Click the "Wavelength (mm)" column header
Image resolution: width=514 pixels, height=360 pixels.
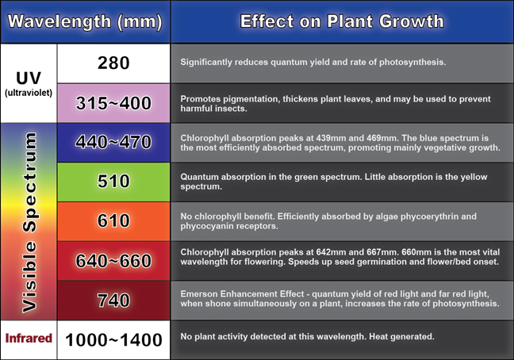(x=85, y=21)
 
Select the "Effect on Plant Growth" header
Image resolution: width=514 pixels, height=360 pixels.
(x=342, y=21)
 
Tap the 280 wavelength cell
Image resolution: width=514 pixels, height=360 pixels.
(x=113, y=63)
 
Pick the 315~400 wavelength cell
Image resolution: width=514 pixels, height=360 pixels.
(x=113, y=103)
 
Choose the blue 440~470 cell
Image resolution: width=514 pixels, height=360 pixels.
(x=113, y=143)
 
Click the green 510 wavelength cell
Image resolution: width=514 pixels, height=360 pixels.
(x=113, y=182)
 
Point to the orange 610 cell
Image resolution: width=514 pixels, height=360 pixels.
(x=113, y=221)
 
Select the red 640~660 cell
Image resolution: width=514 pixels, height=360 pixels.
(x=113, y=261)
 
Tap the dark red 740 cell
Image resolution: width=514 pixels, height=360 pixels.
(x=113, y=300)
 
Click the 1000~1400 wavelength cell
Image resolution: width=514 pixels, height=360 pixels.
(x=113, y=339)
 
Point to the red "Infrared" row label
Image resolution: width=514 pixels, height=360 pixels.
(x=29, y=338)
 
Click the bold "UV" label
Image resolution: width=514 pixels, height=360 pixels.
(x=29, y=78)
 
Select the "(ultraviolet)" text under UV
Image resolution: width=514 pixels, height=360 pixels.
(x=29, y=93)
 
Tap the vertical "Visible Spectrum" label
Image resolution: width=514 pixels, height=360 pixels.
(x=29, y=222)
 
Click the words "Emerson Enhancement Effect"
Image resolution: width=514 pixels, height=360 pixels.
(x=242, y=294)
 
